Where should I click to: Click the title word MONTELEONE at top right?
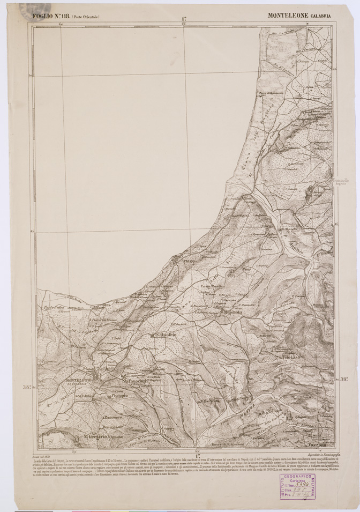point(288,16)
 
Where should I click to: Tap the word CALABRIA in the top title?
point(319,16)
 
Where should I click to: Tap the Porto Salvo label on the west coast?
point(54,307)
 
